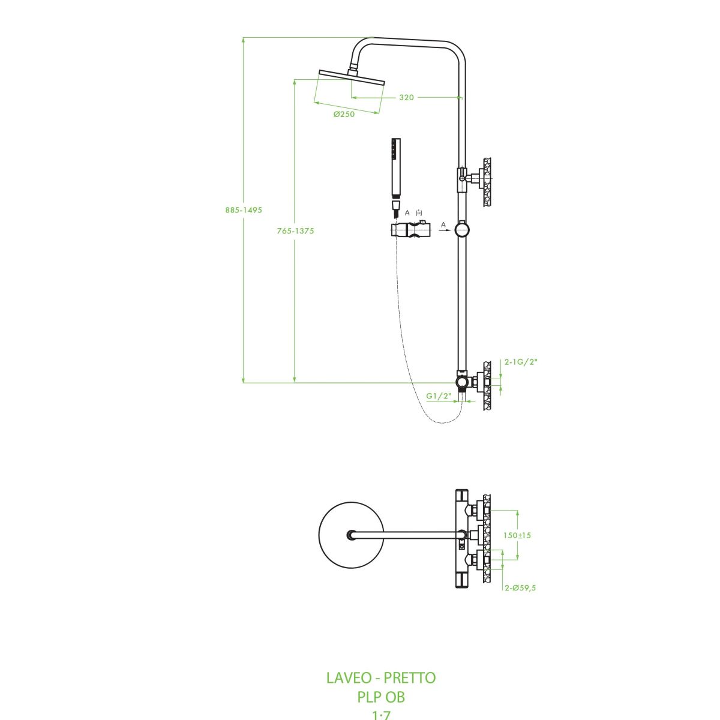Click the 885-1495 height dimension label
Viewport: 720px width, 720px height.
pyautogui.click(x=244, y=210)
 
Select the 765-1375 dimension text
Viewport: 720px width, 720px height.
pyautogui.click(x=295, y=230)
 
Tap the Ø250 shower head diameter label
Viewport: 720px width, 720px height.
pyautogui.click(x=344, y=115)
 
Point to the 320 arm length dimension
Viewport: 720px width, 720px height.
pyautogui.click(x=406, y=97)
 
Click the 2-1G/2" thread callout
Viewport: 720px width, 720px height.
pyautogui.click(x=521, y=362)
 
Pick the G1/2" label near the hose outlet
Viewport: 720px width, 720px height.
pyautogui.click(x=439, y=395)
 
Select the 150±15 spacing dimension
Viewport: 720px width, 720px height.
pyautogui.click(x=517, y=535)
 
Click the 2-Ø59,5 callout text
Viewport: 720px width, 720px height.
pyautogui.click(x=520, y=587)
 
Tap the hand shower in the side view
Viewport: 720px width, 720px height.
pyautogui.click(x=395, y=171)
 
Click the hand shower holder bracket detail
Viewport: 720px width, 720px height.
pyautogui.click(x=410, y=230)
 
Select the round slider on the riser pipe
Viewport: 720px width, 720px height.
pyautogui.click(x=461, y=229)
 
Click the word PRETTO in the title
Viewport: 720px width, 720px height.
pyautogui.click(x=410, y=678)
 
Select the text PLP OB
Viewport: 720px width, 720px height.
pyautogui.click(x=381, y=697)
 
